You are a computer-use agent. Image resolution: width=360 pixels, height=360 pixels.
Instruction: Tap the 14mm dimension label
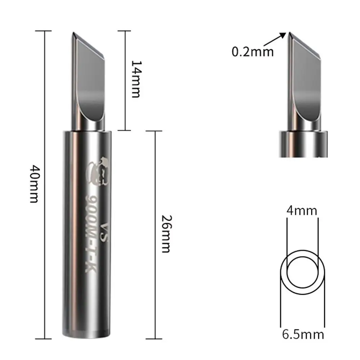point(136,79)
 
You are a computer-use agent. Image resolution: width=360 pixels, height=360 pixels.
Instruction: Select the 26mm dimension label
point(166,234)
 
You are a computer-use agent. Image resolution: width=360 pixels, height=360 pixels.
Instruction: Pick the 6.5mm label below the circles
point(303,334)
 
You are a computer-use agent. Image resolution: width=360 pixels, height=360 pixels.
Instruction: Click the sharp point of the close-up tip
point(289,33)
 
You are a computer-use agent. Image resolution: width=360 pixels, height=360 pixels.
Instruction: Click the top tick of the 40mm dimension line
point(45,31)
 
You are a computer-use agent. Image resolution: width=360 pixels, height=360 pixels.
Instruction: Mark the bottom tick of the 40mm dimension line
point(45,338)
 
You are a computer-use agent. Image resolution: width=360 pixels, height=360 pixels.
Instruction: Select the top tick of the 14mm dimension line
point(125,31)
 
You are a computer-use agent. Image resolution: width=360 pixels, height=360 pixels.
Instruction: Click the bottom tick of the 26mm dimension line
point(155,338)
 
